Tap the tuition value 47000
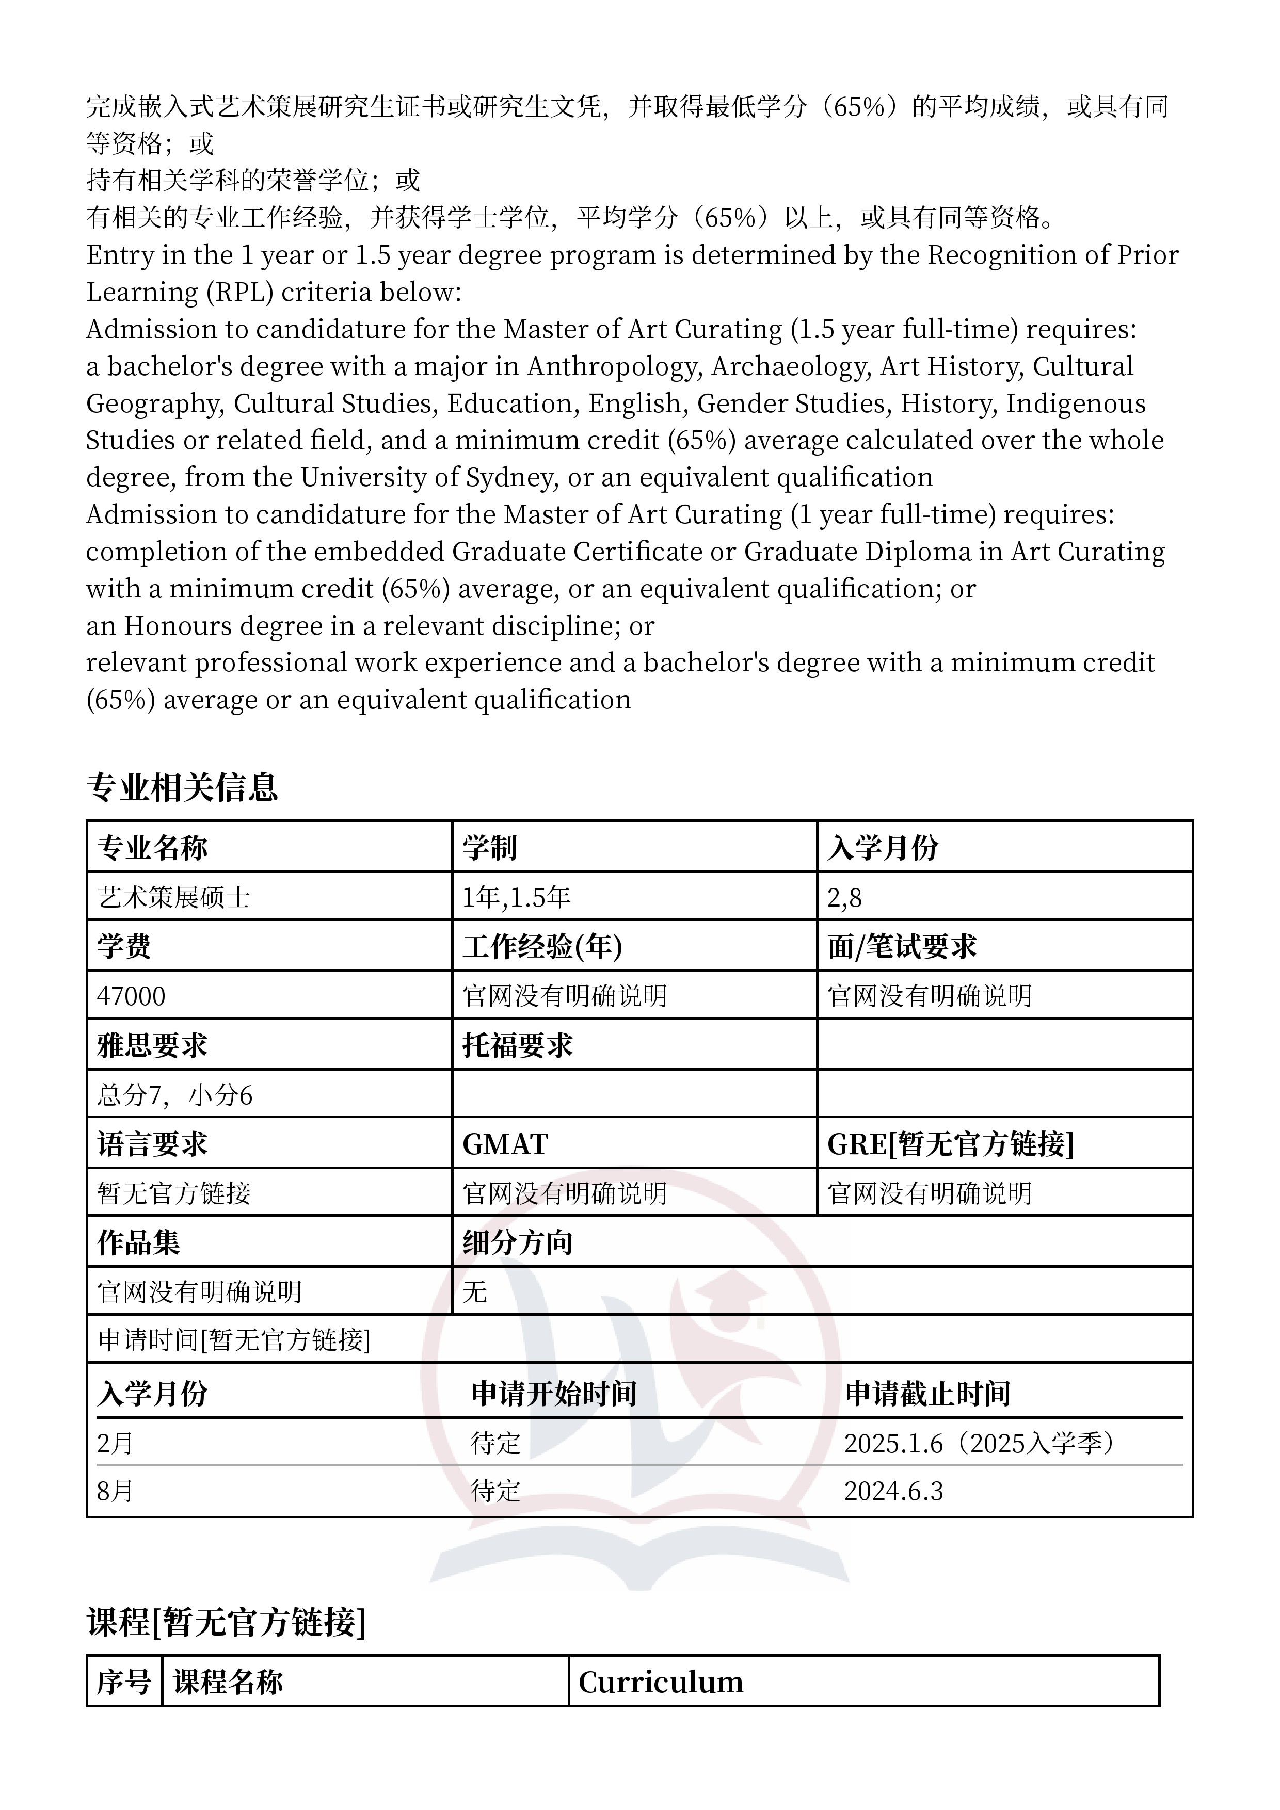[131, 996]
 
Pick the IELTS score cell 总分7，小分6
[174, 1095]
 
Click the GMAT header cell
[505, 1144]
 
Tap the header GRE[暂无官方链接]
[950, 1144]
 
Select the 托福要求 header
[517, 1045]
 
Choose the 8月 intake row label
[115, 1491]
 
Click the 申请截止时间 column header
[927, 1393]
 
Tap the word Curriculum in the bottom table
[661, 1682]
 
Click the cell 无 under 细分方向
[475, 1291]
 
